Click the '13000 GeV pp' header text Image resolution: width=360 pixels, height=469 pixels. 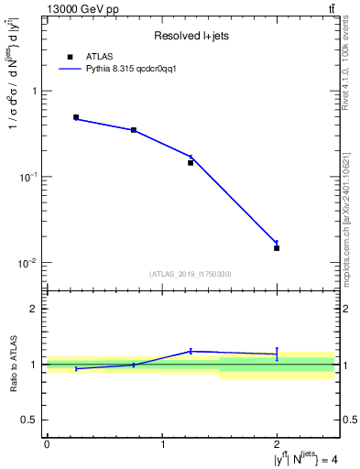[81, 9]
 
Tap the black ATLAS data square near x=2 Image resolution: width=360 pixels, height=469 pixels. [277, 248]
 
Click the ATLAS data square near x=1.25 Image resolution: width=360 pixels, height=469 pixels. [191, 162]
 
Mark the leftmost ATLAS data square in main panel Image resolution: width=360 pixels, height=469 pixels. [76, 117]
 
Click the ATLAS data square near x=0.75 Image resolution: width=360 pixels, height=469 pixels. [134, 130]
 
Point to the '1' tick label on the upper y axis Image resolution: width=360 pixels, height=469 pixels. [34, 91]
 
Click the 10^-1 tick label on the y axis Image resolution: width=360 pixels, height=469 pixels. [29, 177]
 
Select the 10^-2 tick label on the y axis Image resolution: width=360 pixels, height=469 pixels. [29, 263]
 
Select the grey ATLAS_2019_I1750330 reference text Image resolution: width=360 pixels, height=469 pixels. [191, 274]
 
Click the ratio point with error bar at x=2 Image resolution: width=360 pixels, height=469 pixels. [277, 354]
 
